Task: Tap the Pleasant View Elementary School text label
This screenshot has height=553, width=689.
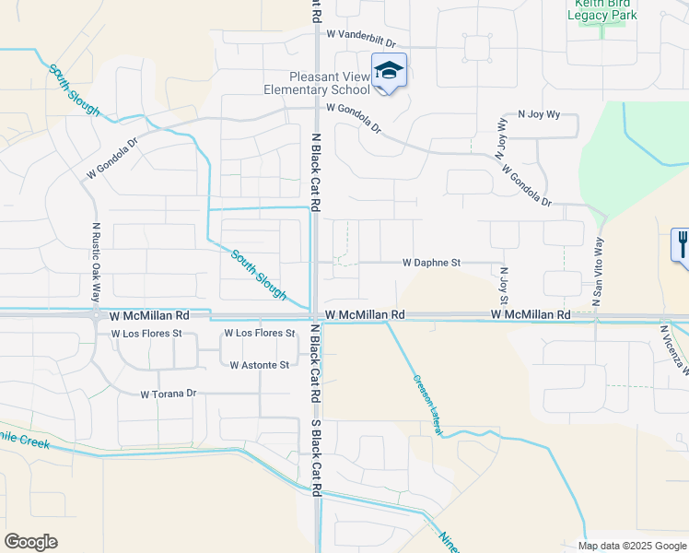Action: [x=316, y=83]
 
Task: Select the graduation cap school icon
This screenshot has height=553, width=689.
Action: [x=389, y=72]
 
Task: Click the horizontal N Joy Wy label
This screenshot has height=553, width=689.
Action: [x=539, y=114]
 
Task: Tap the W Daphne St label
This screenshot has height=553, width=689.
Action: [x=431, y=263]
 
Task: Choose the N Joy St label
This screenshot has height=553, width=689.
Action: [x=504, y=286]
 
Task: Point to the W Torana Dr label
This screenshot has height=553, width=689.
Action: [x=169, y=394]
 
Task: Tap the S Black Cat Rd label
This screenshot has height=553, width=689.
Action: [x=315, y=459]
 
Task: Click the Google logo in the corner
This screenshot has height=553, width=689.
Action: [x=31, y=541]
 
